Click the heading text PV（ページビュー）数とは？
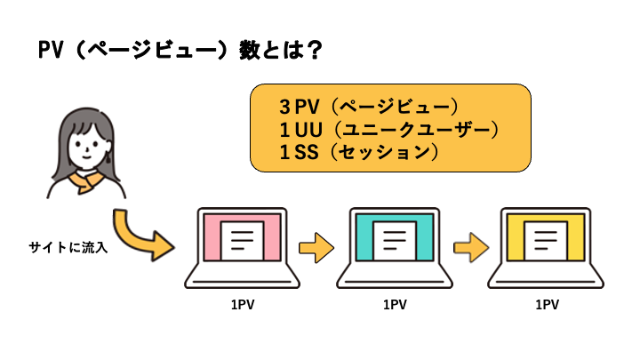[179, 51]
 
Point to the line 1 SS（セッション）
[359, 153]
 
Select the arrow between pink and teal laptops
[316, 244]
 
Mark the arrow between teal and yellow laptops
[468, 244]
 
